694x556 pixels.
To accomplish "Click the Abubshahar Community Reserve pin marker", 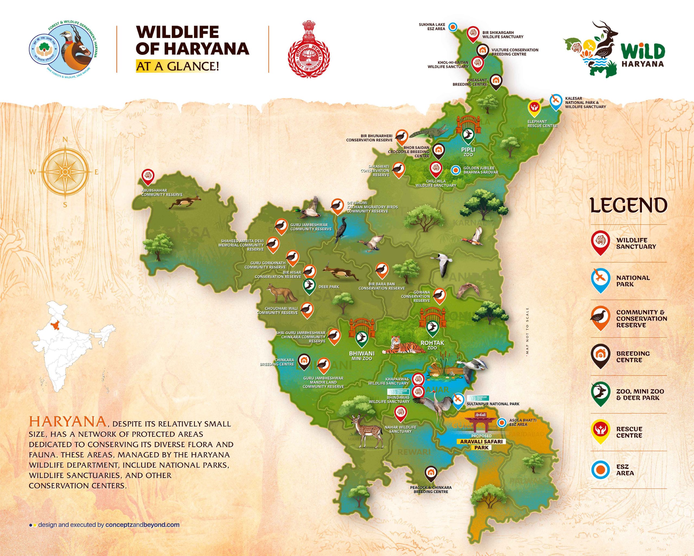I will click(148, 176).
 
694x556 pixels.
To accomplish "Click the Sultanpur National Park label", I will click(493, 404).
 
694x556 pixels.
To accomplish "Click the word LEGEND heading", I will click(628, 206).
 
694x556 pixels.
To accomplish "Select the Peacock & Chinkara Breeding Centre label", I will click(431, 489).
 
